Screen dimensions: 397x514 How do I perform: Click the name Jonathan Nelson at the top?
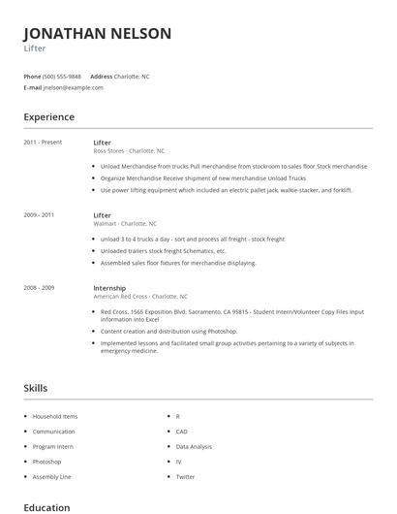point(97,34)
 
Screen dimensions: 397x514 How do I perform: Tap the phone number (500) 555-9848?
point(62,76)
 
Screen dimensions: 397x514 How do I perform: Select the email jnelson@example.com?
point(73,87)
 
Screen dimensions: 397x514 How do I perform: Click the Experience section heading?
point(48,117)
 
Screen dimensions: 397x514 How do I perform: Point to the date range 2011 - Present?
point(43,143)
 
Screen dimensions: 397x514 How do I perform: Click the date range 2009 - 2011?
point(39,215)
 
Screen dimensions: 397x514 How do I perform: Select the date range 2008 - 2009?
point(39,288)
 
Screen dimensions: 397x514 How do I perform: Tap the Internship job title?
point(109,288)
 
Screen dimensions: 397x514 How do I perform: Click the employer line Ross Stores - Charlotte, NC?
point(129,151)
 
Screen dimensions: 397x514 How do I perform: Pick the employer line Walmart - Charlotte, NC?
point(125,224)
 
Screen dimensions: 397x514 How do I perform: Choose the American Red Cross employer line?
point(140,297)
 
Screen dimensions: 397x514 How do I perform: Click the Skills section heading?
point(35,388)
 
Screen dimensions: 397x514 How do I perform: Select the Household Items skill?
point(55,416)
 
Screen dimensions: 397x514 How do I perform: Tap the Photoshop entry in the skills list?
point(46,462)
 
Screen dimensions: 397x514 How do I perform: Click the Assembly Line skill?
point(51,476)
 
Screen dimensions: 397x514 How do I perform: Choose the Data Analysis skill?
point(194,446)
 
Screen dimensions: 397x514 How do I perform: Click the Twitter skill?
point(185,476)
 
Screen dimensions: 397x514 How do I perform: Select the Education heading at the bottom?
point(46,507)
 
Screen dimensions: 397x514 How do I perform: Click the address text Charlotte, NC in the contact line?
point(132,76)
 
